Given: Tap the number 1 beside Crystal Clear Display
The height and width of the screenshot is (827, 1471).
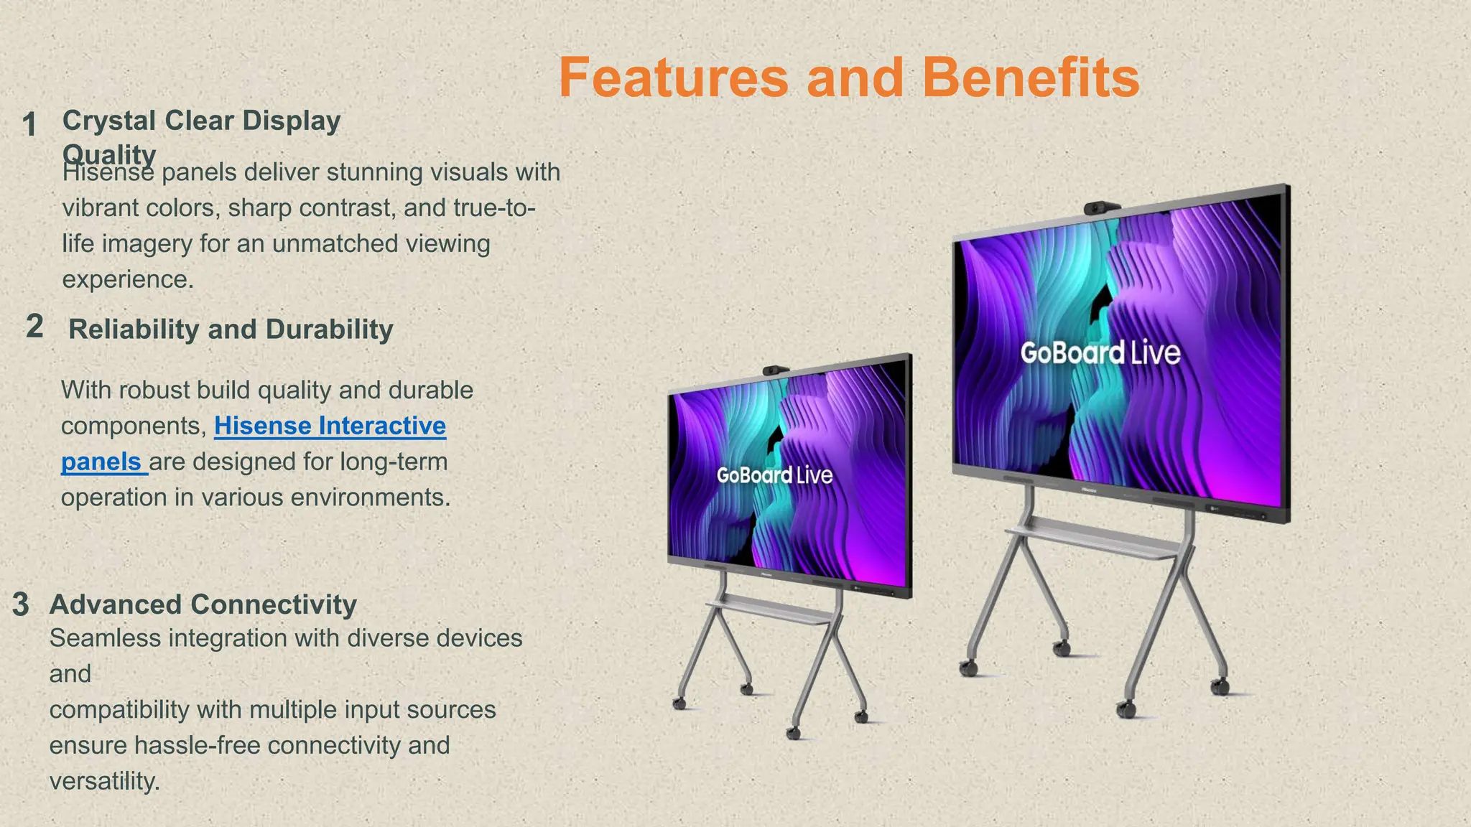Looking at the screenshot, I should pos(29,124).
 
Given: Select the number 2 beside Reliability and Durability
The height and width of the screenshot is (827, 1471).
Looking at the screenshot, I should pos(34,327).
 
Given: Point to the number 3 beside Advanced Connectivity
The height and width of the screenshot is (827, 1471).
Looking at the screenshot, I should pos(21,604).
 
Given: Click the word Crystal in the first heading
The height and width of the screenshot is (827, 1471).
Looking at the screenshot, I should pos(109,121).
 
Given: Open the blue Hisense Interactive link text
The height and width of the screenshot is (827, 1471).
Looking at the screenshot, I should pos(330,426).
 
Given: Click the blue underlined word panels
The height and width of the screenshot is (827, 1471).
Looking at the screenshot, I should pos(101,462).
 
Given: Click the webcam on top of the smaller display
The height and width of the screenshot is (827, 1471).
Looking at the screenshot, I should pos(776,370).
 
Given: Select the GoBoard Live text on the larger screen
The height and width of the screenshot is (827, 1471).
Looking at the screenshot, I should pos(1100,352).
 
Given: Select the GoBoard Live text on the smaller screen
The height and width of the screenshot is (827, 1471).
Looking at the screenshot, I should pos(774,475).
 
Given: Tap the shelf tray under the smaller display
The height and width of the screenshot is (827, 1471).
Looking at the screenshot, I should pos(769,610).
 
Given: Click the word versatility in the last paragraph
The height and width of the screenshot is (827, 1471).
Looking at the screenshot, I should pos(104,781).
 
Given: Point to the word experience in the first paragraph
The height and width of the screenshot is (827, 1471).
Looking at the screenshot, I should pos(127,279).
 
